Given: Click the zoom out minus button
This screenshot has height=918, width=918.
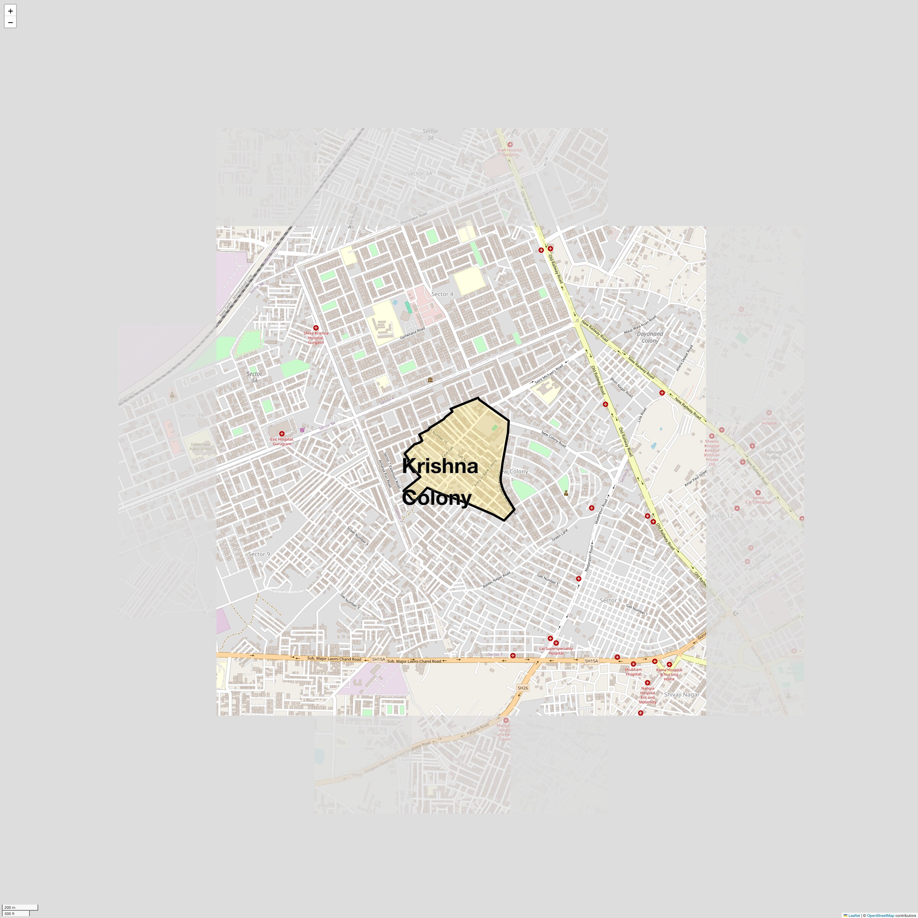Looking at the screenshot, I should coord(10,22).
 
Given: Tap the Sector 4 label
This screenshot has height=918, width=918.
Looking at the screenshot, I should coord(442,294).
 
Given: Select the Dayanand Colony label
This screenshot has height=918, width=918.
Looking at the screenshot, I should coord(650,337).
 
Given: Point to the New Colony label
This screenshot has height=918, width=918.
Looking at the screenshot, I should coord(512,471).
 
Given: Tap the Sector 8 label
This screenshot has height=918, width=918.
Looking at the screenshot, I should coord(610,600).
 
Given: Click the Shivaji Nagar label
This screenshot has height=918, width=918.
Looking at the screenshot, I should coord(681,694).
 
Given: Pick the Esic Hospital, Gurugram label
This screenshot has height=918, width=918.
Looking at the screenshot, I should coord(282,441).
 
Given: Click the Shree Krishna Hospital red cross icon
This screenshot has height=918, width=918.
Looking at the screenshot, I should coord(316,328).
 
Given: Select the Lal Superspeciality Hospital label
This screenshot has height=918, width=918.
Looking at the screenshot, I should coord(555,651).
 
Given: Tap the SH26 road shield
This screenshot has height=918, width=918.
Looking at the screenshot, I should coord(522,688).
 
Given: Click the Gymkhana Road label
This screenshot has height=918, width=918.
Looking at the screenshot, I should coord(412,333).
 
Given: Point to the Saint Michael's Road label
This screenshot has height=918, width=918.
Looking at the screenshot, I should coord(549,374).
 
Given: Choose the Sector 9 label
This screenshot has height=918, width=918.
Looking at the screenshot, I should coord(259,554).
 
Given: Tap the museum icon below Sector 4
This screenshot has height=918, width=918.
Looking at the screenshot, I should coord(430,380).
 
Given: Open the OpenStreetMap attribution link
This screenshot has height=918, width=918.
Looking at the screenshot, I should coord(880,915).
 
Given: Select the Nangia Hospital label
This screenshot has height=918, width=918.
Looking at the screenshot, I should coord(647,695).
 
